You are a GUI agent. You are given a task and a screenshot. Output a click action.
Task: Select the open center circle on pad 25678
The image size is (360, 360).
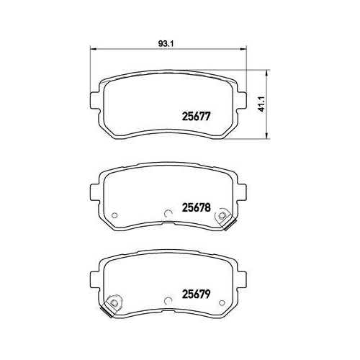point(167,213)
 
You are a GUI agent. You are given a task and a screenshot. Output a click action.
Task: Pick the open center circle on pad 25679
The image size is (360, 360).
point(167,297)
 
